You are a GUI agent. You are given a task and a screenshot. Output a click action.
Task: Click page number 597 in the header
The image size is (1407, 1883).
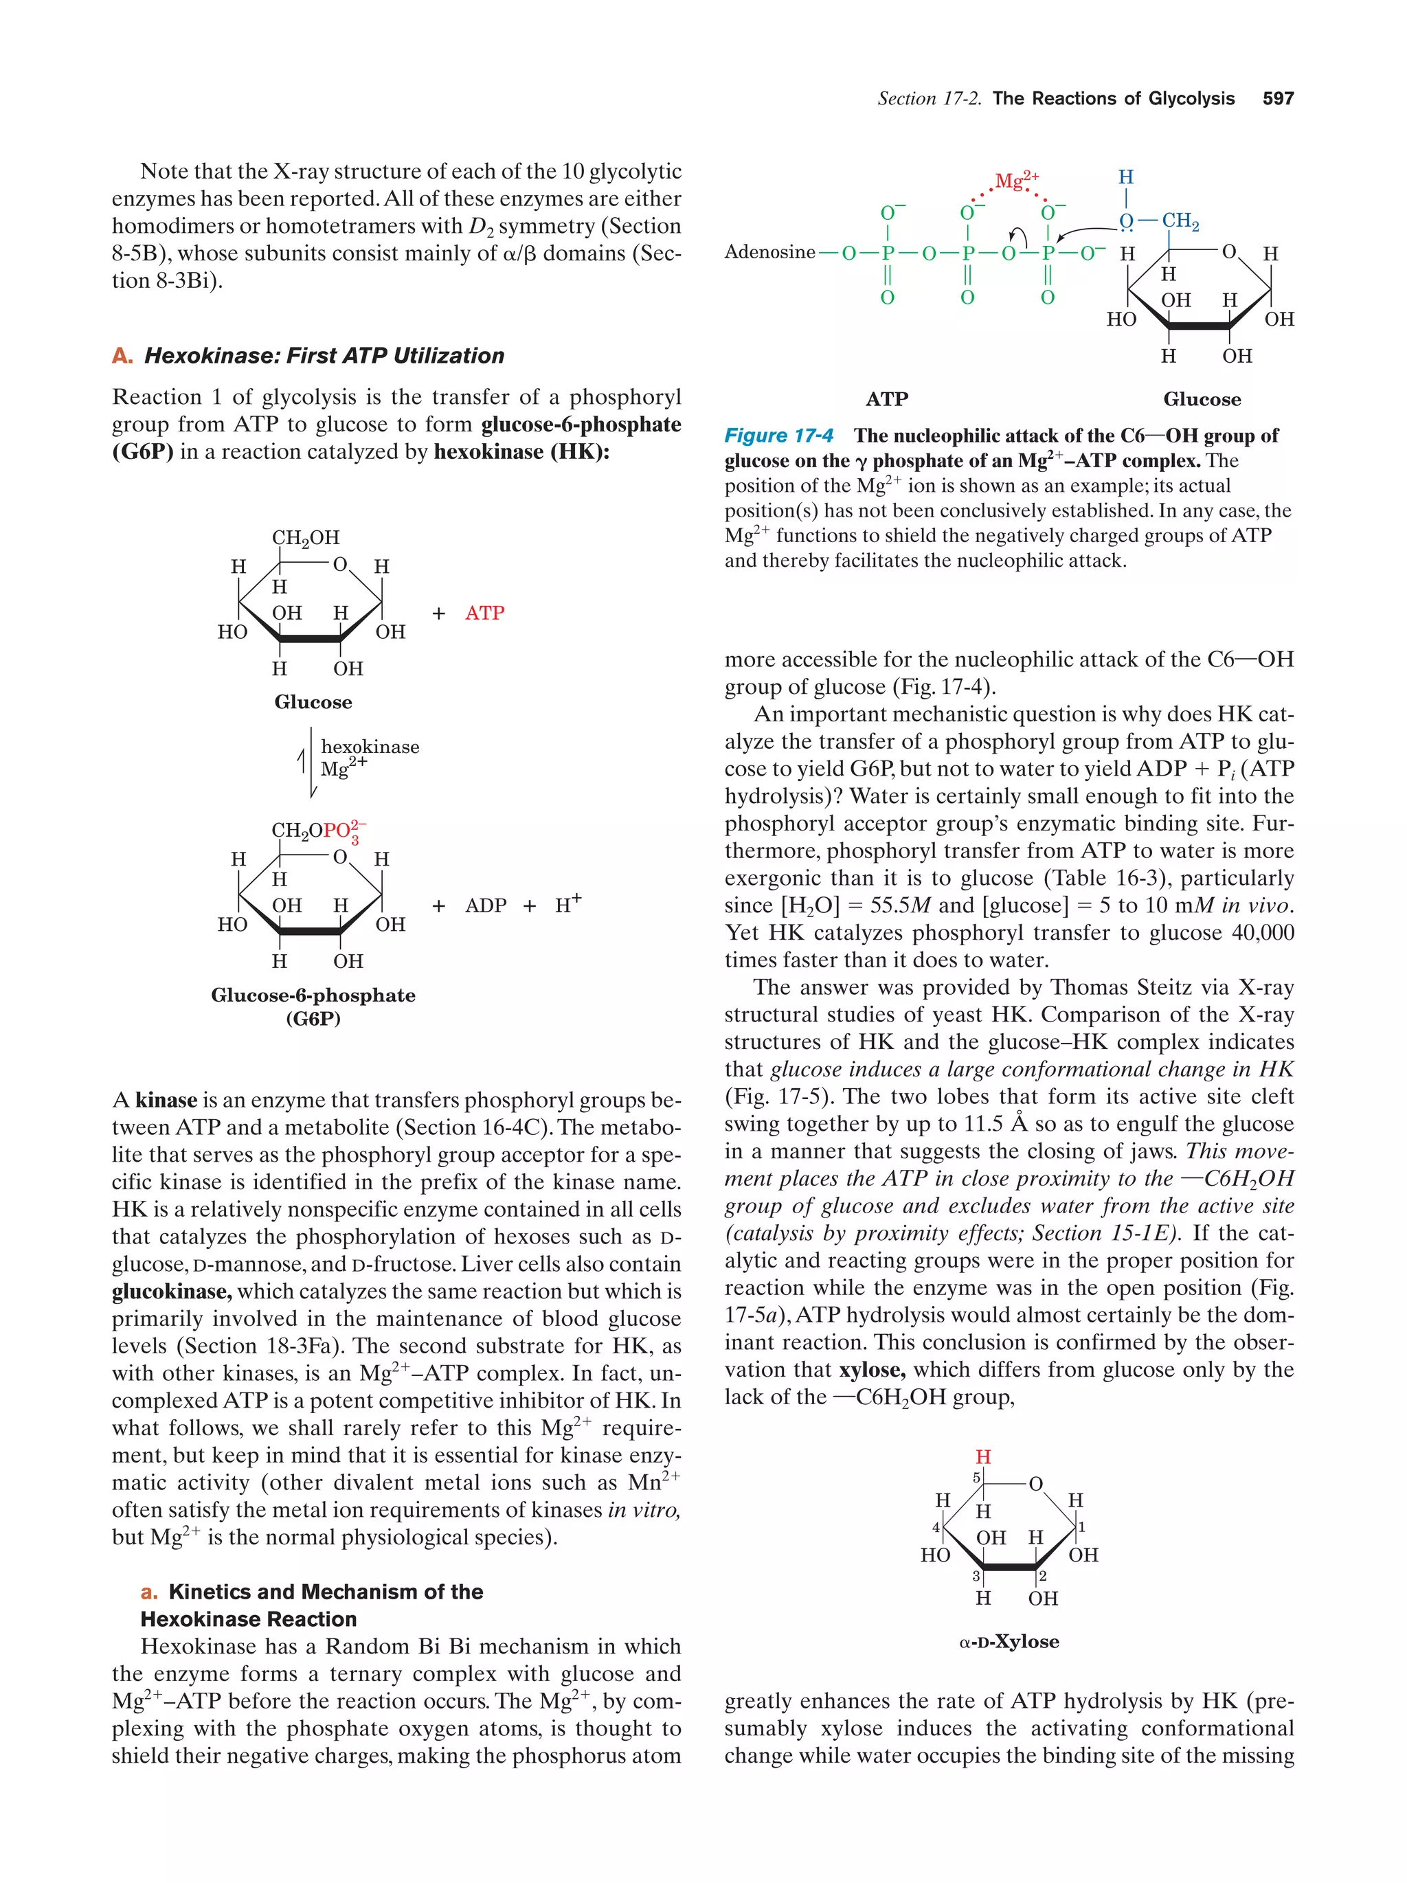click(1278, 99)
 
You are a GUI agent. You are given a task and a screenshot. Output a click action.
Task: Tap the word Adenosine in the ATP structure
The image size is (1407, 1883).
click(769, 252)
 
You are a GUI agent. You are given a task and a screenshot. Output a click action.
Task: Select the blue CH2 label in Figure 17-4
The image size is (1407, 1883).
click(1180, 221)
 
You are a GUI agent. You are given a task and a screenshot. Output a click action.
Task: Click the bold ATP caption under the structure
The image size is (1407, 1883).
click(886, 399)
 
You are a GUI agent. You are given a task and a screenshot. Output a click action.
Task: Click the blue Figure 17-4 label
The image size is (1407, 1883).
click(778, 436)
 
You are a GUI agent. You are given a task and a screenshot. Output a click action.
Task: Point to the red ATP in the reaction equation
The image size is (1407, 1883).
click(484, 613)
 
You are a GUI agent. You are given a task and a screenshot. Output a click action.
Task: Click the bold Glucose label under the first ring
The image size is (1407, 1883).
click(313, 702)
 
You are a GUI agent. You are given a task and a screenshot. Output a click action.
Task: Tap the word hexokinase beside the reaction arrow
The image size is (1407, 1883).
click(370, 747)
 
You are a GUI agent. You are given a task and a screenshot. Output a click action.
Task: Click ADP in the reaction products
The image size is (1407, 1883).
click(485, 905)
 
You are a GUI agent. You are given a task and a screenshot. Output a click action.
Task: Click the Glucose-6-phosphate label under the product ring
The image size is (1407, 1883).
click(313, 995)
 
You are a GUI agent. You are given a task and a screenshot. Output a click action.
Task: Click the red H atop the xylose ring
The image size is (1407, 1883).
click(983, 1457)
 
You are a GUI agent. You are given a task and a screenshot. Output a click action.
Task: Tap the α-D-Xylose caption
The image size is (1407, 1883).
click(1009, 1642)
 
